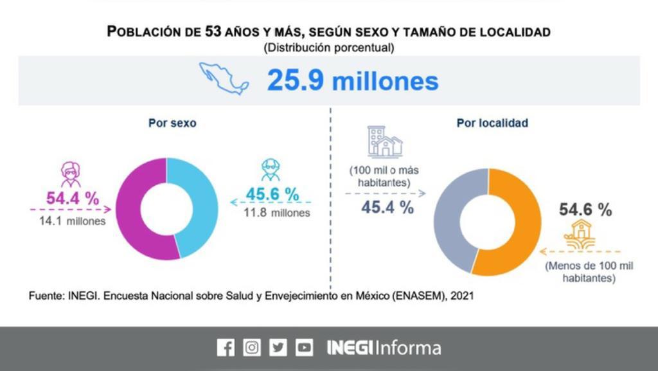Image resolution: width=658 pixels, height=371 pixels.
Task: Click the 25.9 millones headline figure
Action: coord(353,80)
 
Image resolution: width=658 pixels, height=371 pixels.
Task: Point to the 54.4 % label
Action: coord(73,198)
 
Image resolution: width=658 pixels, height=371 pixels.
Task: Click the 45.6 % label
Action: coord(272,194)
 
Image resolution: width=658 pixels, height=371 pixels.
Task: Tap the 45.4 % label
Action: coord(387,207)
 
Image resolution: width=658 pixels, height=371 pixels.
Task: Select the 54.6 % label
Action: coord(585,210)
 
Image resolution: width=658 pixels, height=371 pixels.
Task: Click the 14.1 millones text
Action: coord(68,221)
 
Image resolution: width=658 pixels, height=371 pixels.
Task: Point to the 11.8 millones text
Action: coord(277,213)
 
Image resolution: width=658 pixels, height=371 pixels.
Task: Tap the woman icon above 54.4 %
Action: coord(71,174)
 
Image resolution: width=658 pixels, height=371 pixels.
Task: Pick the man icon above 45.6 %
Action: coord(271,170)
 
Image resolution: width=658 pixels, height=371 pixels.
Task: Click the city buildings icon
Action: coord(384,142)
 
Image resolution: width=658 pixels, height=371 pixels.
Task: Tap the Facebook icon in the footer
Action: coord(226,348)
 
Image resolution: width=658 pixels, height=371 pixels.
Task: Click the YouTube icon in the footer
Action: coord(304,348)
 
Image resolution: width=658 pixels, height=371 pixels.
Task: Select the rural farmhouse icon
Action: coord(580,234)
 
